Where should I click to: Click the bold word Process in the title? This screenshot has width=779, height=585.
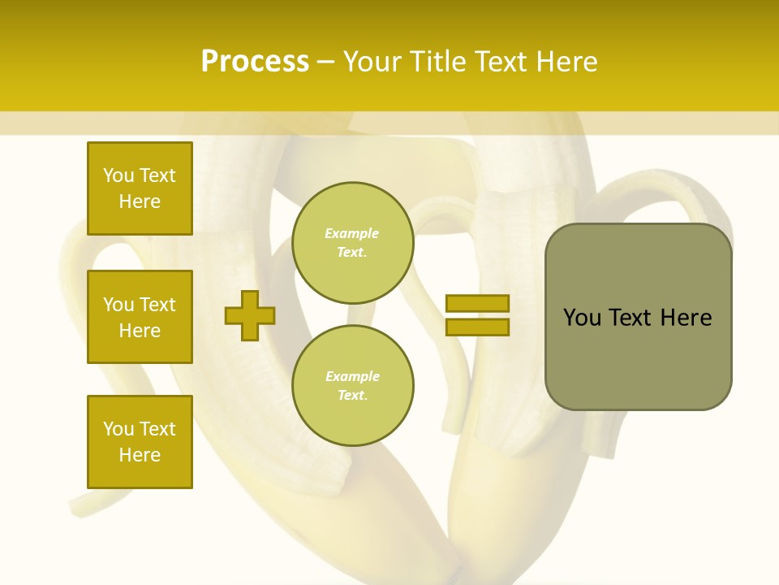[x=255, y=62]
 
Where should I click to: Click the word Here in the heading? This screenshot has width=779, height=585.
[x=565, y=62]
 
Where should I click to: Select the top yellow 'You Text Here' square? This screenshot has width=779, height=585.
[x=140, y=188]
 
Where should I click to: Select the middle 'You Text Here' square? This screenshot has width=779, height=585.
[x=140, y=317]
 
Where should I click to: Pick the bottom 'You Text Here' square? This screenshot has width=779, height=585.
[x=140, y=442]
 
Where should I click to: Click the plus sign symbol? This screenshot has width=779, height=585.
[x=250, y=314]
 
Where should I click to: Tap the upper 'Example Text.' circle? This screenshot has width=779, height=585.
[x=352, y=243]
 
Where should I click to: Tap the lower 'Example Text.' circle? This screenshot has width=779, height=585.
[x=352, y=386]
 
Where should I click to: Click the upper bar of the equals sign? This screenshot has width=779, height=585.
[x=477, y=304]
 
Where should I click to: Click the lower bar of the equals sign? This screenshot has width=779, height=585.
[x=477, y=327]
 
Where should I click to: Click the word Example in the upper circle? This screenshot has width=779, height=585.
[x=352, y=234]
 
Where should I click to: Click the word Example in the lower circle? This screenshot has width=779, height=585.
[x=352, y=377]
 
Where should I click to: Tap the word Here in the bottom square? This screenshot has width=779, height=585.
[x=140, y=455]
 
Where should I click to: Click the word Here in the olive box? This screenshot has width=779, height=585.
[x=686, y=318]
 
